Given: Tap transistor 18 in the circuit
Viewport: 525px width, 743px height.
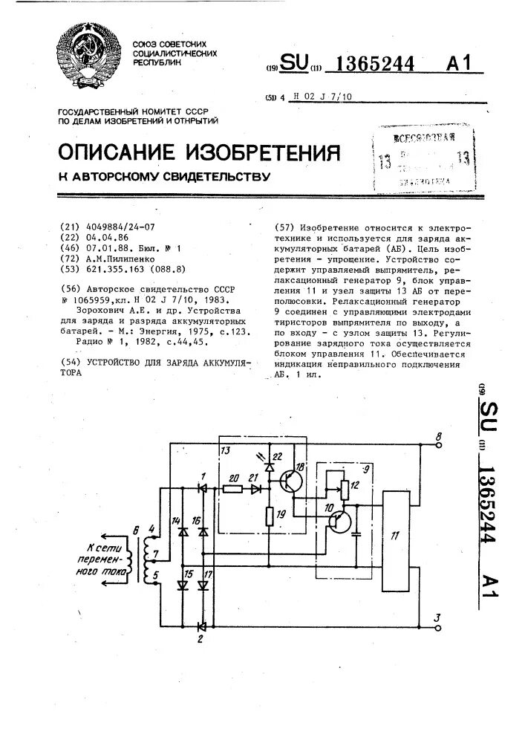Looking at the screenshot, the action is pyautogui.click(x=292, y=483).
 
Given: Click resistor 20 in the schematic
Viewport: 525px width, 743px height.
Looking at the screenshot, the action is pyautogui.click(x=232, y=490).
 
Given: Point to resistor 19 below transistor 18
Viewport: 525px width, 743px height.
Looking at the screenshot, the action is pyautogui.click(x=269, y=515).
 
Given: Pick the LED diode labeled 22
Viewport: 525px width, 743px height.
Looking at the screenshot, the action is pyautogui.click(x=269, y=466).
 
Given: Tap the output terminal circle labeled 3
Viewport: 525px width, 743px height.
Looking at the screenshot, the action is pyautogui.click(x=439, y=627).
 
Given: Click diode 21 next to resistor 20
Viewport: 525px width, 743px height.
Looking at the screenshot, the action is pyautogui.click(x=255, y=490).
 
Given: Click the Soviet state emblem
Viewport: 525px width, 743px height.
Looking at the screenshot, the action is pyautogui.click(x=91, y=58).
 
